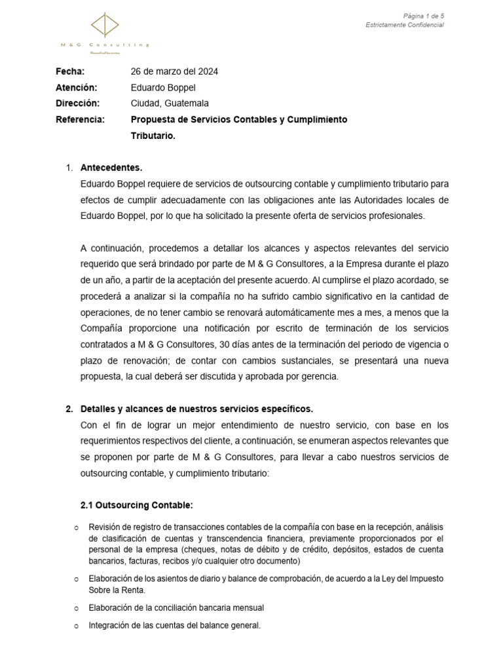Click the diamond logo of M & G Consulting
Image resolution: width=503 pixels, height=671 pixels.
coord(105,26)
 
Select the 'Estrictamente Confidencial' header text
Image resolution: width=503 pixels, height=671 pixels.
coord(404,25)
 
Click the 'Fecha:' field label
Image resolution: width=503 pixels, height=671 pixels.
coord(70,71)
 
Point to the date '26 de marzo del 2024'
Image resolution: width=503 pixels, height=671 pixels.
coord(175,71)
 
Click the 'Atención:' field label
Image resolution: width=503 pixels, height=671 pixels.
coord(77,87)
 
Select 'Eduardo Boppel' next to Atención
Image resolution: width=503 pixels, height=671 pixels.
coord(163,87)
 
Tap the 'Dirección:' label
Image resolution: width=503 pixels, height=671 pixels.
coord(78,104)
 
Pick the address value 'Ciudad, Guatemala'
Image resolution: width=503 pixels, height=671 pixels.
coord(170,104)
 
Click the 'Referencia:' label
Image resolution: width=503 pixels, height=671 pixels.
coord(80,119)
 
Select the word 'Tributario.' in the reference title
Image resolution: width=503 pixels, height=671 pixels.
coord(153,136)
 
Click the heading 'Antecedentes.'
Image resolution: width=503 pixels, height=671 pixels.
coord(111,168)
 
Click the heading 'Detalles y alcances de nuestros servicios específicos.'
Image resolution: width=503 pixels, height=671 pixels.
coord(196,409)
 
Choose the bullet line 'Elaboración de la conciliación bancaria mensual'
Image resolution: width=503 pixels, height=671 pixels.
coord(176,607)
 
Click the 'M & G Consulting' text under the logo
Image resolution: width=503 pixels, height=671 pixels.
coord(105,45)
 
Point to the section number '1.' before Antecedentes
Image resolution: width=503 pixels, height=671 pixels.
coord(69,168)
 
